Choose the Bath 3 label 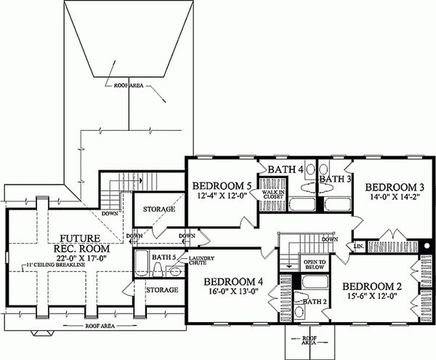pos(336,178)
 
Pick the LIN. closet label pos(359,247)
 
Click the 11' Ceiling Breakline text pos(65,264)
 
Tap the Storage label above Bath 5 pos(158,209)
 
